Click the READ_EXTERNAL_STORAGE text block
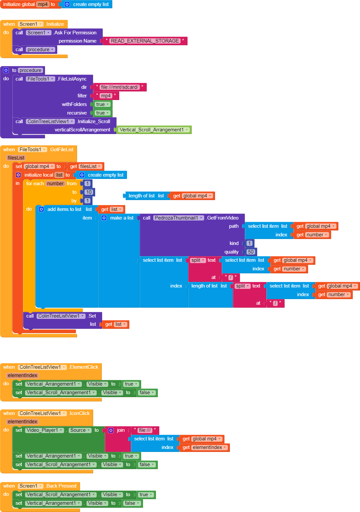(x=145, y=41)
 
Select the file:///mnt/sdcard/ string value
(x=120, y=87)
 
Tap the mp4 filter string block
(x=106, y=96)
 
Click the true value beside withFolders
(x=102, y=104)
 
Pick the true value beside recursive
(x=102, y=113)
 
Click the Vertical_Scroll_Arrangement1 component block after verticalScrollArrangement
(x=154, y=130)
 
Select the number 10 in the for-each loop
(x=89, y=192)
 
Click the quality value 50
(x=251, y=252)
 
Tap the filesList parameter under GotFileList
(x=16, y=158)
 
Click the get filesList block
(x=86, y=166)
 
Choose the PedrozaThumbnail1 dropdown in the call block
(x=178, y=218)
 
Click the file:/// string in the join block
(x=145, y=430)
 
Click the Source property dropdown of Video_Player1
(x=80, y=430)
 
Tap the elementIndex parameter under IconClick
(x=22, y=422)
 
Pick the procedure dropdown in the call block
(x=40, y=50)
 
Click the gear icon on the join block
(x=111, y=430)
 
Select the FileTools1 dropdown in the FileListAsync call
(x=41, y=79)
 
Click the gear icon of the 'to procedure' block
(x=6, y=70)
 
